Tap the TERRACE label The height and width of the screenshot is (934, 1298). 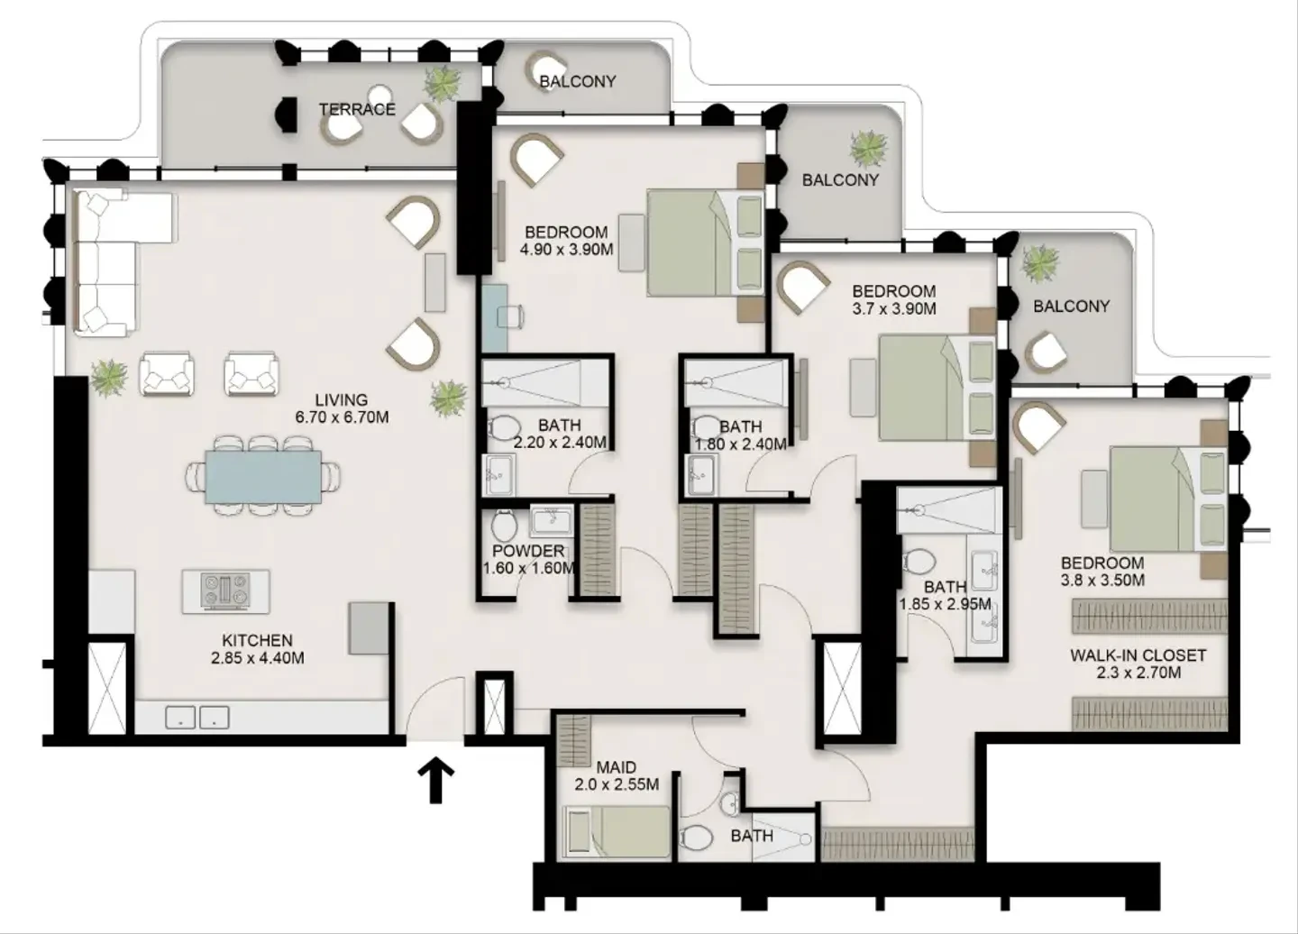357,109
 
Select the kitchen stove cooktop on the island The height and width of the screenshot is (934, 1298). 225,591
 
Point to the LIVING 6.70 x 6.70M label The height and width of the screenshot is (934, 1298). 342,408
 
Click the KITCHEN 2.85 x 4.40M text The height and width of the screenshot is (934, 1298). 257,649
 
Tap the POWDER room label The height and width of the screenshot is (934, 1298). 528,551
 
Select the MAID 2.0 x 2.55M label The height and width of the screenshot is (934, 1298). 617,776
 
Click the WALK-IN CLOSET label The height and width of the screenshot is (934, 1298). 1138,655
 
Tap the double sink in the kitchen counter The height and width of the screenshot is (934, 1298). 197,718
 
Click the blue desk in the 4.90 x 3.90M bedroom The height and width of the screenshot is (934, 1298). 495,317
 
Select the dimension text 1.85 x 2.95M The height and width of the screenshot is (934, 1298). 945,604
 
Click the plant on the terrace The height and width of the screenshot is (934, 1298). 443,83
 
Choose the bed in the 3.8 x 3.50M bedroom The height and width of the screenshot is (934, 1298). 1168,499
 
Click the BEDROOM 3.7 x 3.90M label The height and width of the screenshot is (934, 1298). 894,299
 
